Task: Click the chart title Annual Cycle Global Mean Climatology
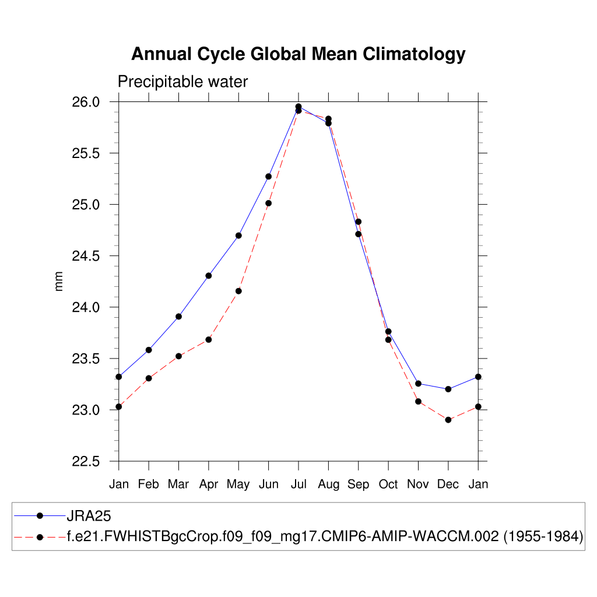(x=298, y=54)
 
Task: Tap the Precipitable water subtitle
(x=182, y=82)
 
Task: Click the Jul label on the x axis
(x=298, y=484)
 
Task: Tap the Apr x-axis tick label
(x=208, y=484)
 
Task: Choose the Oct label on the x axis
(x=388, y=484)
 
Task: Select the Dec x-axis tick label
(x=448, y=484)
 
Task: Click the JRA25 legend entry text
(x=89, y=516)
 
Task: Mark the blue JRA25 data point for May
(x=238, y=236)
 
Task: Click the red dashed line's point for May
(x=238, y=291)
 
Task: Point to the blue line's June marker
(x=268, y=176)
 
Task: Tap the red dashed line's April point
(x=208, y=339)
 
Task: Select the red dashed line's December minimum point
(x=448, y=420)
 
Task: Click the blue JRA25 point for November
(x=418, y=384)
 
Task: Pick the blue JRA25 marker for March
(x=178, y=317)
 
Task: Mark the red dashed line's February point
(x=149, y=378)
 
